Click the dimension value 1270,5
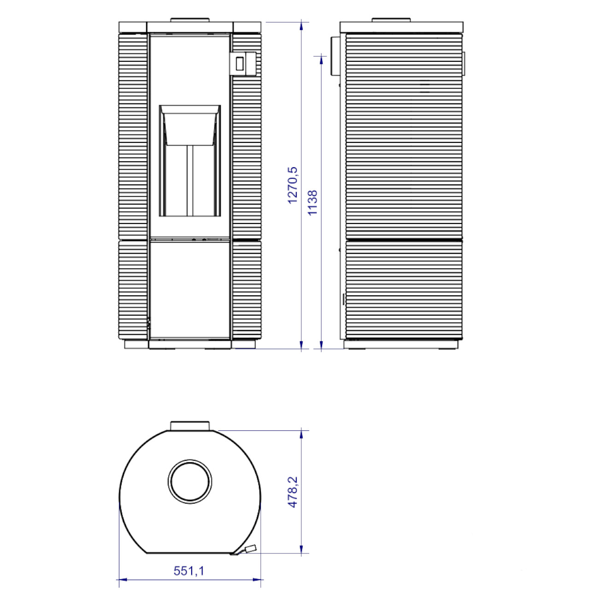[293, 185]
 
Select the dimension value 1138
[312, 202]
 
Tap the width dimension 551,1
[189, 571]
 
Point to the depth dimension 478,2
[293, 492]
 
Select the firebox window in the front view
[190, 161]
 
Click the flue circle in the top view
[190, 481]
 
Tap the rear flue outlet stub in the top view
[190, 426]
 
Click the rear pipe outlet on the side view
[335, 56]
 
